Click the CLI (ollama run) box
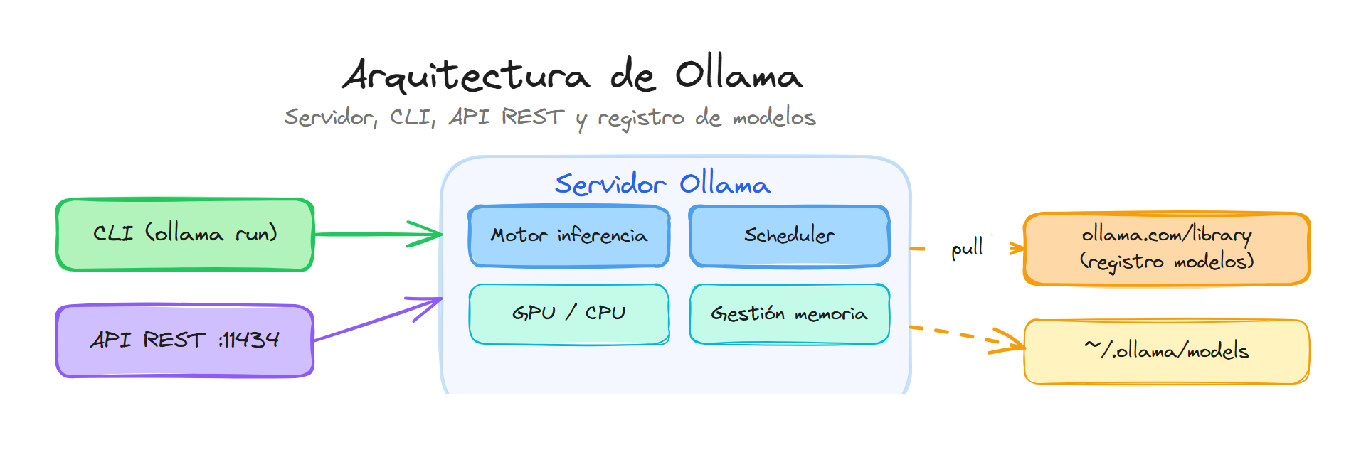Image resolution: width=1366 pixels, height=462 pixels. click(x=185, y=235)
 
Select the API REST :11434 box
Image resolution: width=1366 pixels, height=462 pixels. click(x=185, y=340)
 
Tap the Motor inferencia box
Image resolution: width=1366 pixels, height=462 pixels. click(x=569, y=236)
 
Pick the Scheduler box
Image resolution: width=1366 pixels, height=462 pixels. click(x=790, y=236)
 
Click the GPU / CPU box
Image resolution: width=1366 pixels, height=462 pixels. click(x=569, y=313)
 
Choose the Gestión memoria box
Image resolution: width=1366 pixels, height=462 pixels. click(x=790, y=313)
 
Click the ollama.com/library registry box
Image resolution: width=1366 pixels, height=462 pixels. click(x=1167, y=249)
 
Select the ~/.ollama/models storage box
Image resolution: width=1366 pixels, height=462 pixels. click(x=1167, y=351)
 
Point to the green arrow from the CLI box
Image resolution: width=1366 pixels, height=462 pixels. click(x=377, y=234)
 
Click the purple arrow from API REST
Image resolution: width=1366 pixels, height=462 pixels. click(x=377, y=320)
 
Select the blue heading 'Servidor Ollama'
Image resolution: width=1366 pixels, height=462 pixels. click(x=662, y=185)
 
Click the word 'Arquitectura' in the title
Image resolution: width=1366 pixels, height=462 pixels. click(x=467, y=76)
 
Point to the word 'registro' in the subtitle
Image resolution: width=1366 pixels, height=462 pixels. click(x=641, y=118)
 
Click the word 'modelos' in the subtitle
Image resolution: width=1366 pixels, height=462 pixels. click(x=774, y=117)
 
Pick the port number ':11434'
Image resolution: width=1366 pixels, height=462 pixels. click(x=249, y=340)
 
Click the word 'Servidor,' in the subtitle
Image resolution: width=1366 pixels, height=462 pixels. click(x=331, y=117)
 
